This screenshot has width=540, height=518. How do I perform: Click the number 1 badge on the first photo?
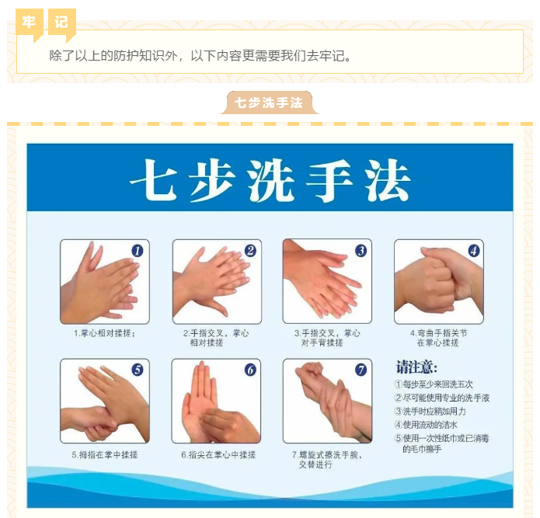point(138,251)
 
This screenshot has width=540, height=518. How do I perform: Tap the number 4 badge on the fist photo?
point(474,251)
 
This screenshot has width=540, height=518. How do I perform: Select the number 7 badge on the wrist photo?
point(361,370)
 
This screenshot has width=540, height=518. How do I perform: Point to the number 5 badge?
point(138,370)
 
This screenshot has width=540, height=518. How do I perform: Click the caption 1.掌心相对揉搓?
point(104,333)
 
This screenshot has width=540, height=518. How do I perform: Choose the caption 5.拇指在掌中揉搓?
point(105,454)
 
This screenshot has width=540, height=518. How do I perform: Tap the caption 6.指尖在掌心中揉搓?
point(218,454)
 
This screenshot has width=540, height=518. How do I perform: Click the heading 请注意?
point(416,367)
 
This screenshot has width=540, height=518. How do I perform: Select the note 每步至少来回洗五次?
point(434,384)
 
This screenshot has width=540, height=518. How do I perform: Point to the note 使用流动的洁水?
point(426,425)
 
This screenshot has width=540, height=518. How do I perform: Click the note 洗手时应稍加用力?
point(430,412)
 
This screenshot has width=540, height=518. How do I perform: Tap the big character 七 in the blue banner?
point(153,179)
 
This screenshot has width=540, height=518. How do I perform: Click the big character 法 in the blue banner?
point(388,180)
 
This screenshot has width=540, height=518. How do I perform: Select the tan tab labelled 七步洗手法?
point(269,103)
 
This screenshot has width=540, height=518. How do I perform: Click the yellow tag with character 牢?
point(30,23)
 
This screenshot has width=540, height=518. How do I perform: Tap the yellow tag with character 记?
point(61,23)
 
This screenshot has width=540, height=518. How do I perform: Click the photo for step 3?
point(327,281)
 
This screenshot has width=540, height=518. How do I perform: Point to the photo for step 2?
point(217,282)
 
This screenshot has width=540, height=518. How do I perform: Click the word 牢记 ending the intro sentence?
point(332,55)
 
